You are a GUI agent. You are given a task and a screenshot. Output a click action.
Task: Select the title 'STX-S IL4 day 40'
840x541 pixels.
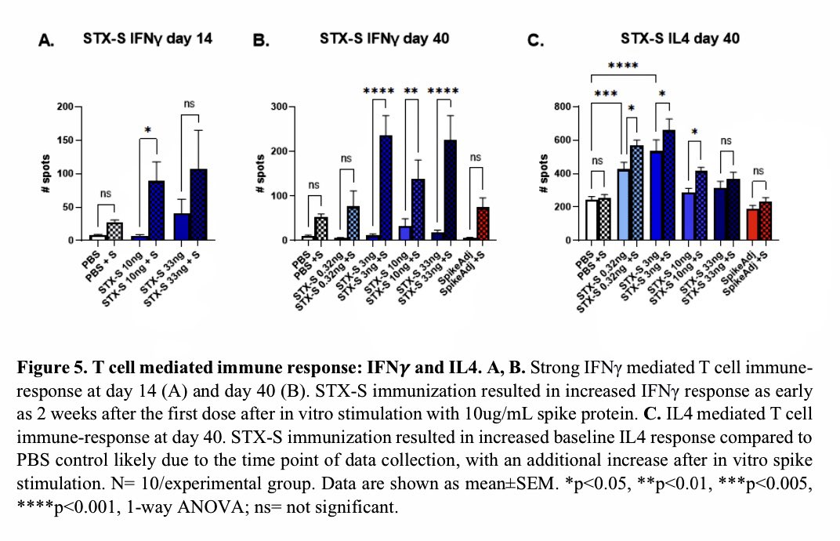[x=679, y=38]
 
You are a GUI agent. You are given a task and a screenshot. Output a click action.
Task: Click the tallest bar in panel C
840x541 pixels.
[x=668, y=185]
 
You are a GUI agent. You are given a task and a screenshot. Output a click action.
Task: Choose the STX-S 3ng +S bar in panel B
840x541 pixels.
[x=386, y=187]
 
